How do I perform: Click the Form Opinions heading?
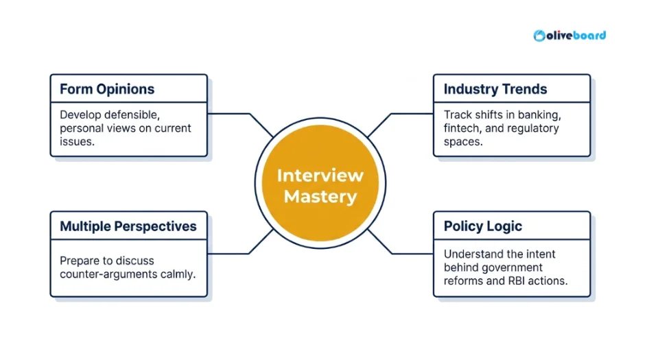(107, 89)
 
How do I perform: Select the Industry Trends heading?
(495, 89)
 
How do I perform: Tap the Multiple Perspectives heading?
(128, 226)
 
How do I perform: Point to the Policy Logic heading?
(482, 226)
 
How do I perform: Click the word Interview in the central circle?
(320, 176)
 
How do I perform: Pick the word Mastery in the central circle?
(320, 197)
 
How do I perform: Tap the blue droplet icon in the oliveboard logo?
(539, 35)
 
